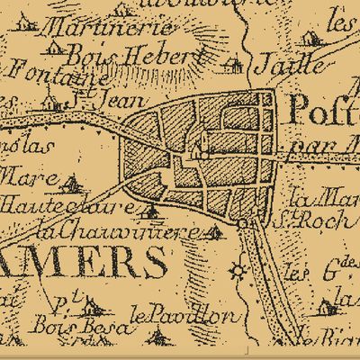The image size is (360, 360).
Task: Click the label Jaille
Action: tap(288, 64)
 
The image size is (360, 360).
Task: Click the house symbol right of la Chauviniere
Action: tap(213, 233)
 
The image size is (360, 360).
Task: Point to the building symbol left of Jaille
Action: tap(233, 64)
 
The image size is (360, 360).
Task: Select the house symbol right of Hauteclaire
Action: tap(151, 212)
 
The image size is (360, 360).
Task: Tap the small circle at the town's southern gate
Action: tap(242, 221)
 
